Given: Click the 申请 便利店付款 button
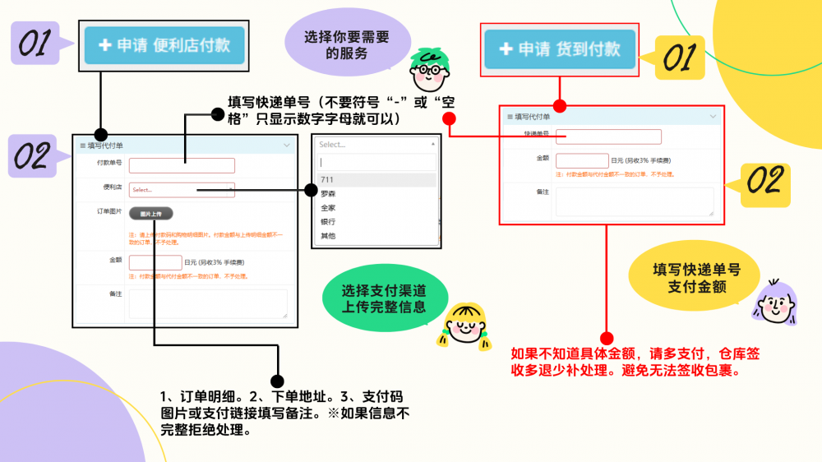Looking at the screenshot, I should pos(164,45).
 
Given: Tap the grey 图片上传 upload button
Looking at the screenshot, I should pos(150,214).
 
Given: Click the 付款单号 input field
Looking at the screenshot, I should pos(182,165).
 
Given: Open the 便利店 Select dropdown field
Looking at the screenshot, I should pos(182,190).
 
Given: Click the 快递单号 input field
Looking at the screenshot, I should pos(608,136).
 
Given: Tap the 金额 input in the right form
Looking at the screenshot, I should pos(581,160).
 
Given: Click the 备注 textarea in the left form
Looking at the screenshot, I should pos(208,303).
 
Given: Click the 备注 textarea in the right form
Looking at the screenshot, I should pos(635,201).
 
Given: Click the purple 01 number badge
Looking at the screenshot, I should pos(35,43).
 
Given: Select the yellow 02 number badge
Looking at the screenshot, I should pos(764,183).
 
